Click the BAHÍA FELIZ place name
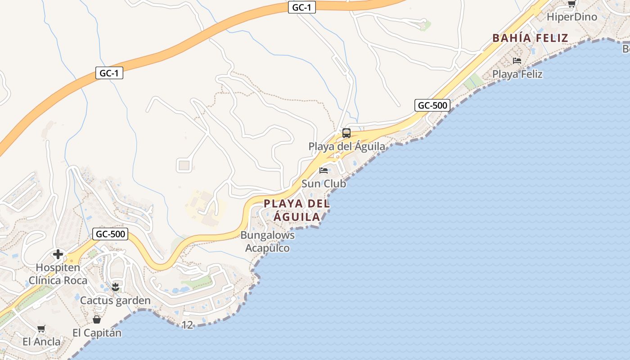530,38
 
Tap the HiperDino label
571,17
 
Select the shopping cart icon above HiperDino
571,4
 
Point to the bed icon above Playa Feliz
517,61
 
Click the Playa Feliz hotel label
517,74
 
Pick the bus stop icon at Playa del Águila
346,133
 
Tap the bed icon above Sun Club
323,171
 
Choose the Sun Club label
324,184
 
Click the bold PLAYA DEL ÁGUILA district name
297,210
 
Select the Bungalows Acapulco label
267,241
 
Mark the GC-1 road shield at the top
301,7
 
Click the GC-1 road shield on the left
109,73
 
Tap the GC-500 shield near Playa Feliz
432,106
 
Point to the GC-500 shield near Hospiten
110,234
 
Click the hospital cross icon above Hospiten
58,255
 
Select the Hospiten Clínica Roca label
58,274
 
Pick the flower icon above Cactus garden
115,287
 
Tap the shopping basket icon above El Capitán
97,319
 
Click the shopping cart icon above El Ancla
41,329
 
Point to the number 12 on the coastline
188,324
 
